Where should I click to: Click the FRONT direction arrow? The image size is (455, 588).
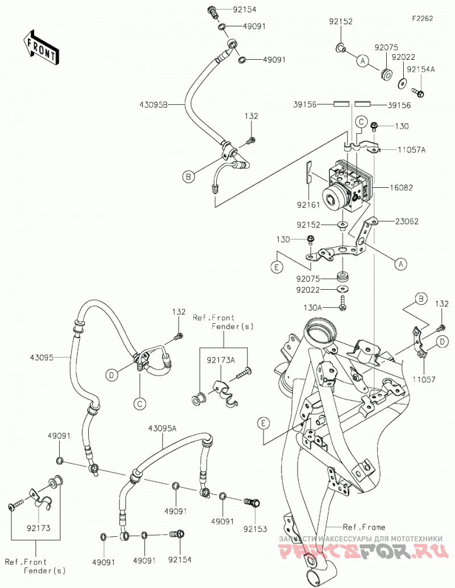coord(40,47)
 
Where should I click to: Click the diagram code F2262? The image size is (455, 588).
coord(423,18)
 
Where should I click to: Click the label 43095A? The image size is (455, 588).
coord(162,428)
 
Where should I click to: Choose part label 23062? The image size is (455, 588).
coord(407,221)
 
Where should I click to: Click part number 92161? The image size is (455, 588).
coord(308,205)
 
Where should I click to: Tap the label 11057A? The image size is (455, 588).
coord(412,150)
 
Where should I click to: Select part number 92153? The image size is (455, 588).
coord(255,529)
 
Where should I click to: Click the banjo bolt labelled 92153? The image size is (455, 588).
coord(252,501)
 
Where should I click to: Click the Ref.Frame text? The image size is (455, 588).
coord(365,527)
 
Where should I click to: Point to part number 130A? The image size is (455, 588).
coord(312,307)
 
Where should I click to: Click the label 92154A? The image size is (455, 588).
coord(421,69)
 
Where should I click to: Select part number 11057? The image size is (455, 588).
coord(424,380)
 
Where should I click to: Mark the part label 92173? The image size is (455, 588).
coord(39,528)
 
